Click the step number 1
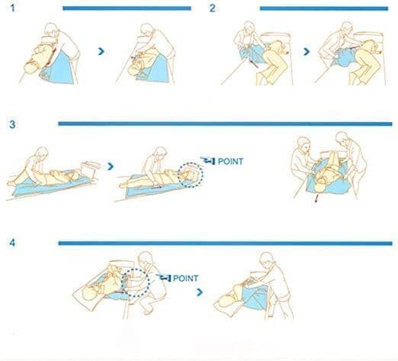click(12, 8)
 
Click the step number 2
click(213, 8)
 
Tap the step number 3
click(12, 124)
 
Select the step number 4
click(12, 243)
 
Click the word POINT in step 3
click(230, 161)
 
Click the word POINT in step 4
click(185, 278)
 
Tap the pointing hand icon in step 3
click(208, 160)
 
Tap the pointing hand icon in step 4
click(163, 278)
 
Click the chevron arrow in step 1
click(101, 51)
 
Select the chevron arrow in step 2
click(307, 52)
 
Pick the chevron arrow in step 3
click(111, 166)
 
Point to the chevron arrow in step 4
click(200, 292)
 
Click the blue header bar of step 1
click(127, 8)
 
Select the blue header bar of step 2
click(324, 8)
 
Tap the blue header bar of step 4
click(225, 243)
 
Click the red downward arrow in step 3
click(316, 198)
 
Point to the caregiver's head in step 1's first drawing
click(51, 30)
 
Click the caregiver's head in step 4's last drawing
click(267, 259)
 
